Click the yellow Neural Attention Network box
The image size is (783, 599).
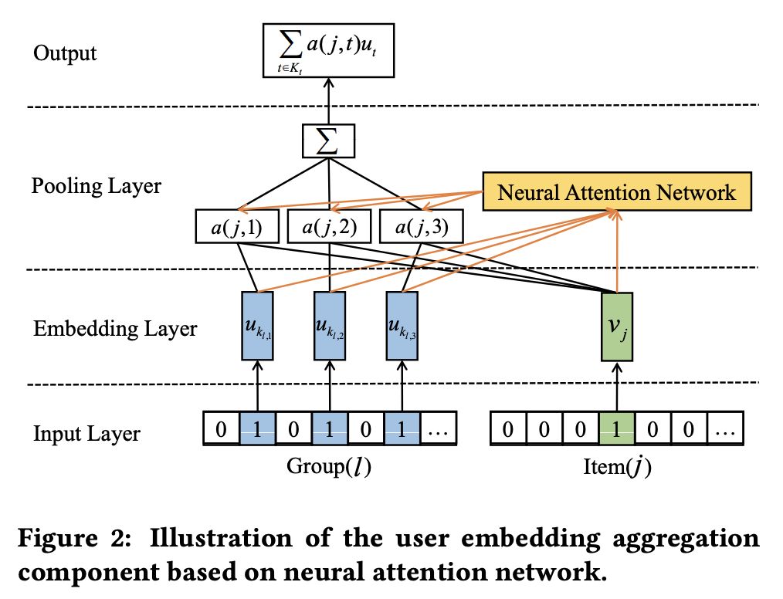click(616, 191)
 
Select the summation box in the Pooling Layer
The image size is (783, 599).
click(329, 142)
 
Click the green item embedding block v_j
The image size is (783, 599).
click(616, 327)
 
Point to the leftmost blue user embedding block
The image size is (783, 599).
click(257, 327)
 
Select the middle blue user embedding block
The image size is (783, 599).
click(330, 327)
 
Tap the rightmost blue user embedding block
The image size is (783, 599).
click(402, 327)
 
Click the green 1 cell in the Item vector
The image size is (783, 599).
click(616, 430)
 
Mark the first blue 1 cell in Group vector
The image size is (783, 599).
click(257, 430)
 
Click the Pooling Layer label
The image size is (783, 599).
click(97, 186)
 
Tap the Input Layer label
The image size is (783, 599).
click(86, 433)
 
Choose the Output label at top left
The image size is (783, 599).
click(65, 53)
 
